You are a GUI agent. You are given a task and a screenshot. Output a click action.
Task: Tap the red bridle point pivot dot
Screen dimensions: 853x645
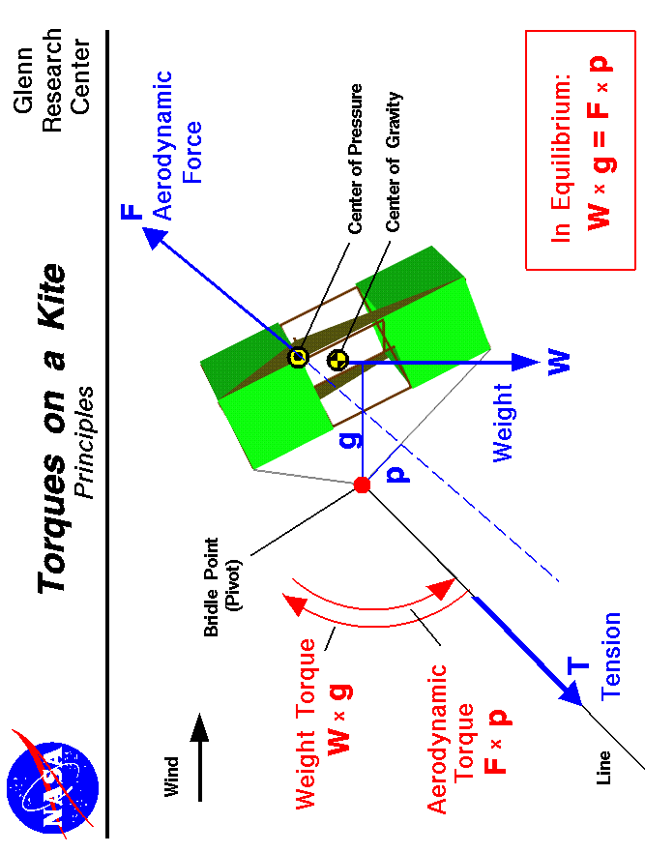point(362,485)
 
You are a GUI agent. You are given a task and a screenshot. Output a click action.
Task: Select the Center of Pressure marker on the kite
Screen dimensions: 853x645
point(298,357)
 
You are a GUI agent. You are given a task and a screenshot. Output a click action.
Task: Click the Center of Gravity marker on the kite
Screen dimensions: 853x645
point(337,361)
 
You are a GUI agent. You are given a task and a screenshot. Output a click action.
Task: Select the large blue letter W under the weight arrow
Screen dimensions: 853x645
point(559,363)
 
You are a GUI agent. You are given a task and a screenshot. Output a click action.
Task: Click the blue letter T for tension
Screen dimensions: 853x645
point(577,665)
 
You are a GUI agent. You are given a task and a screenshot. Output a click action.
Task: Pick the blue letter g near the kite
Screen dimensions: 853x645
point(355,438)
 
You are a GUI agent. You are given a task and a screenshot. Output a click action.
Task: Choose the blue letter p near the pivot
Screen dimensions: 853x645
point(396,473)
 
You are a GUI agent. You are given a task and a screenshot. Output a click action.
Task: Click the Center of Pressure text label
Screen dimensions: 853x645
point(356,160)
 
